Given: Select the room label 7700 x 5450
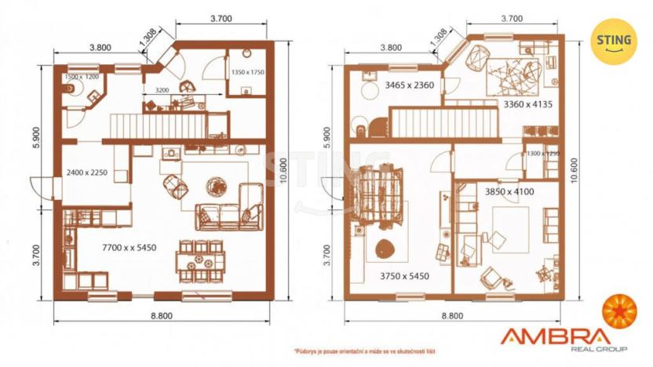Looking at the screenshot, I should tap(130, 248).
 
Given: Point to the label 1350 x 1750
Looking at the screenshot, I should tap(248, 71).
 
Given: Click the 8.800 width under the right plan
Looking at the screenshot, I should tap(451, 315).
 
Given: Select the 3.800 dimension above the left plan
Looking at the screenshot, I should tap(99, 47).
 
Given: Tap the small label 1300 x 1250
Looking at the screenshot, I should tap(542, 154).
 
